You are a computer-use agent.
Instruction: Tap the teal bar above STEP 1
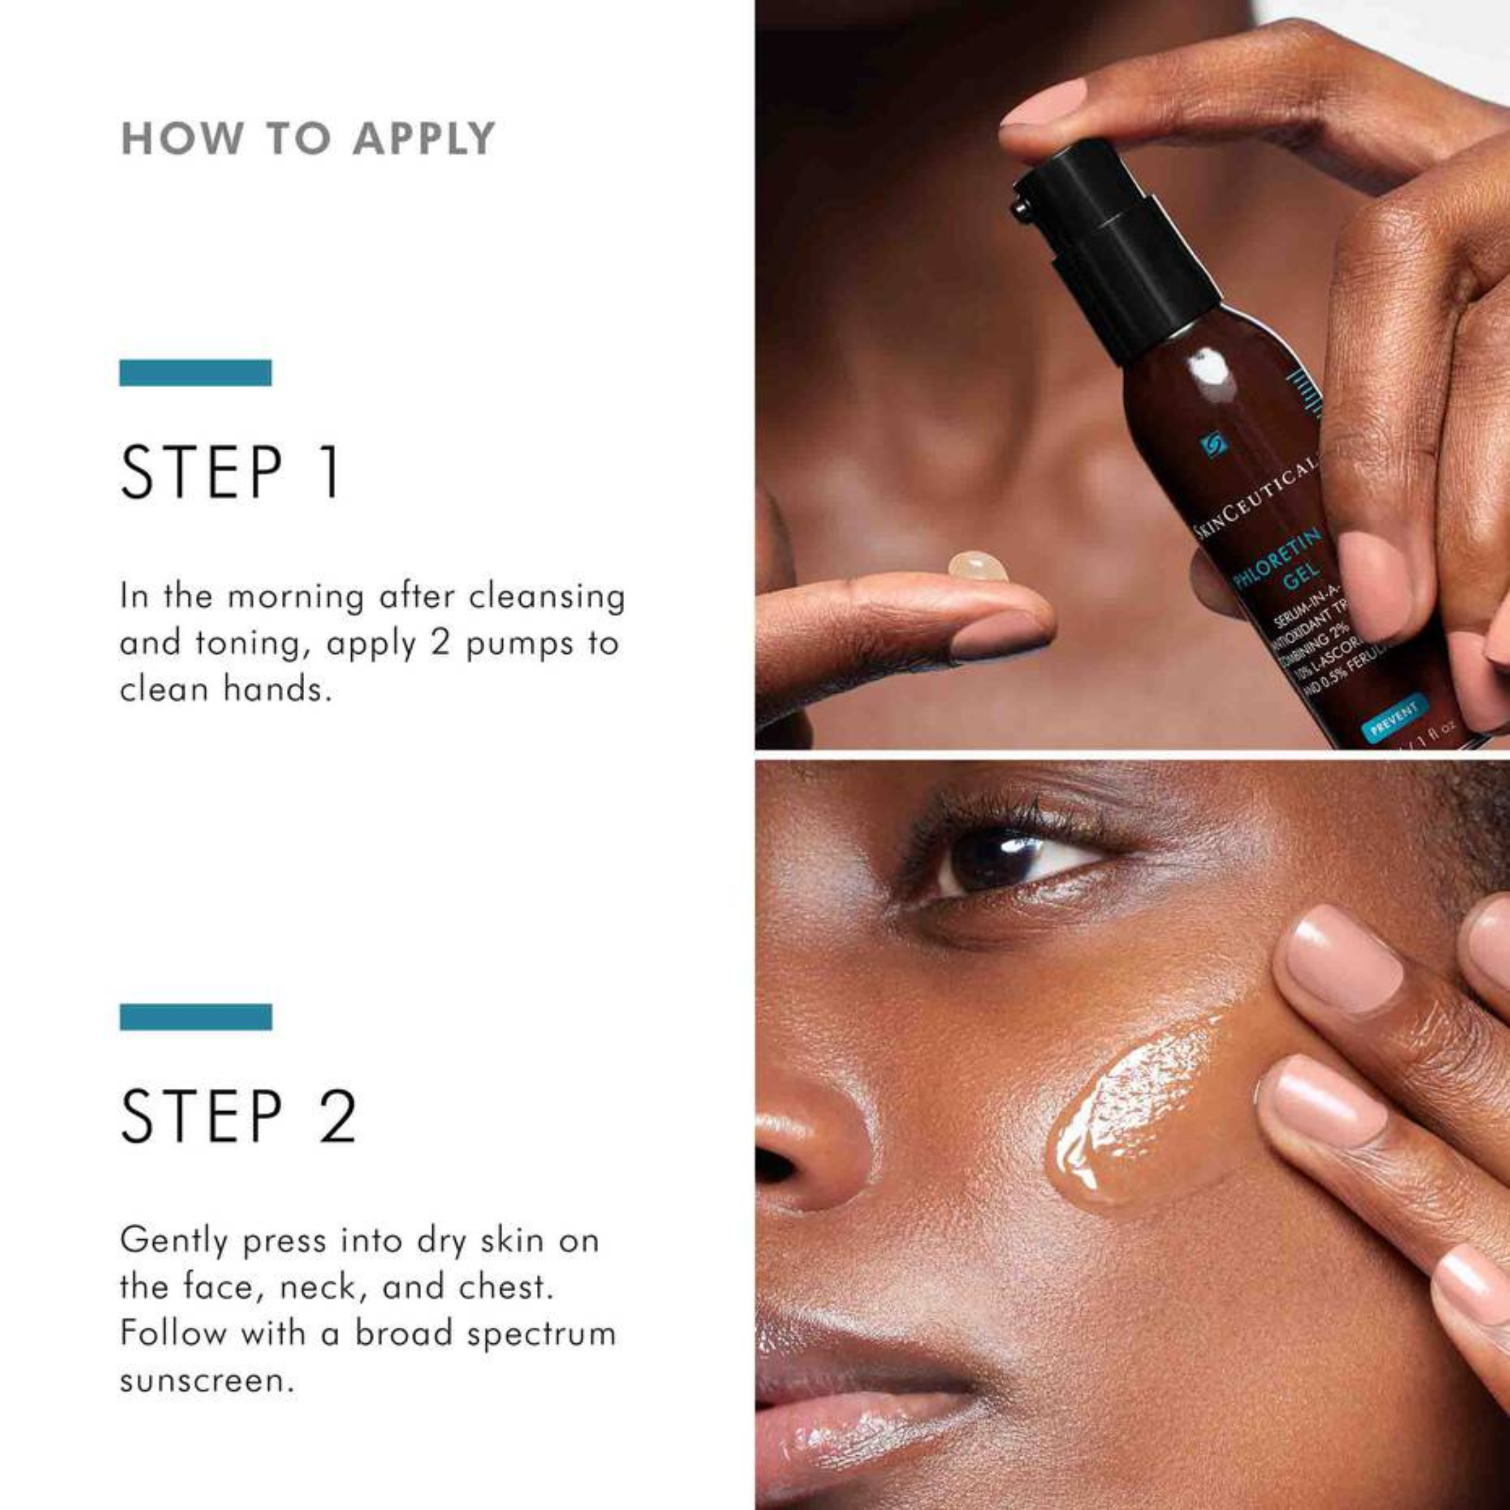pos(195,373)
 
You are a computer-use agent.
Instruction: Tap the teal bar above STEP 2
pos(195,1017)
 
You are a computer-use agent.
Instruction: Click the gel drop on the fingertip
pos(977,567)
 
